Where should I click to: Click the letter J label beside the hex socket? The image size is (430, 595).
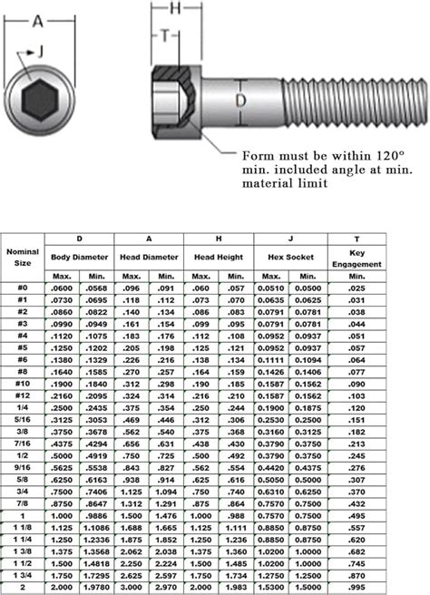[x=39, y=55]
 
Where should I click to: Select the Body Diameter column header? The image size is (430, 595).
[x=79, y=257]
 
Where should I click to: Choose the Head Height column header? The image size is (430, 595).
[x=219, y=257]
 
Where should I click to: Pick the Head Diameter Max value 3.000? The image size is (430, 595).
[x=132, y=588]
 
